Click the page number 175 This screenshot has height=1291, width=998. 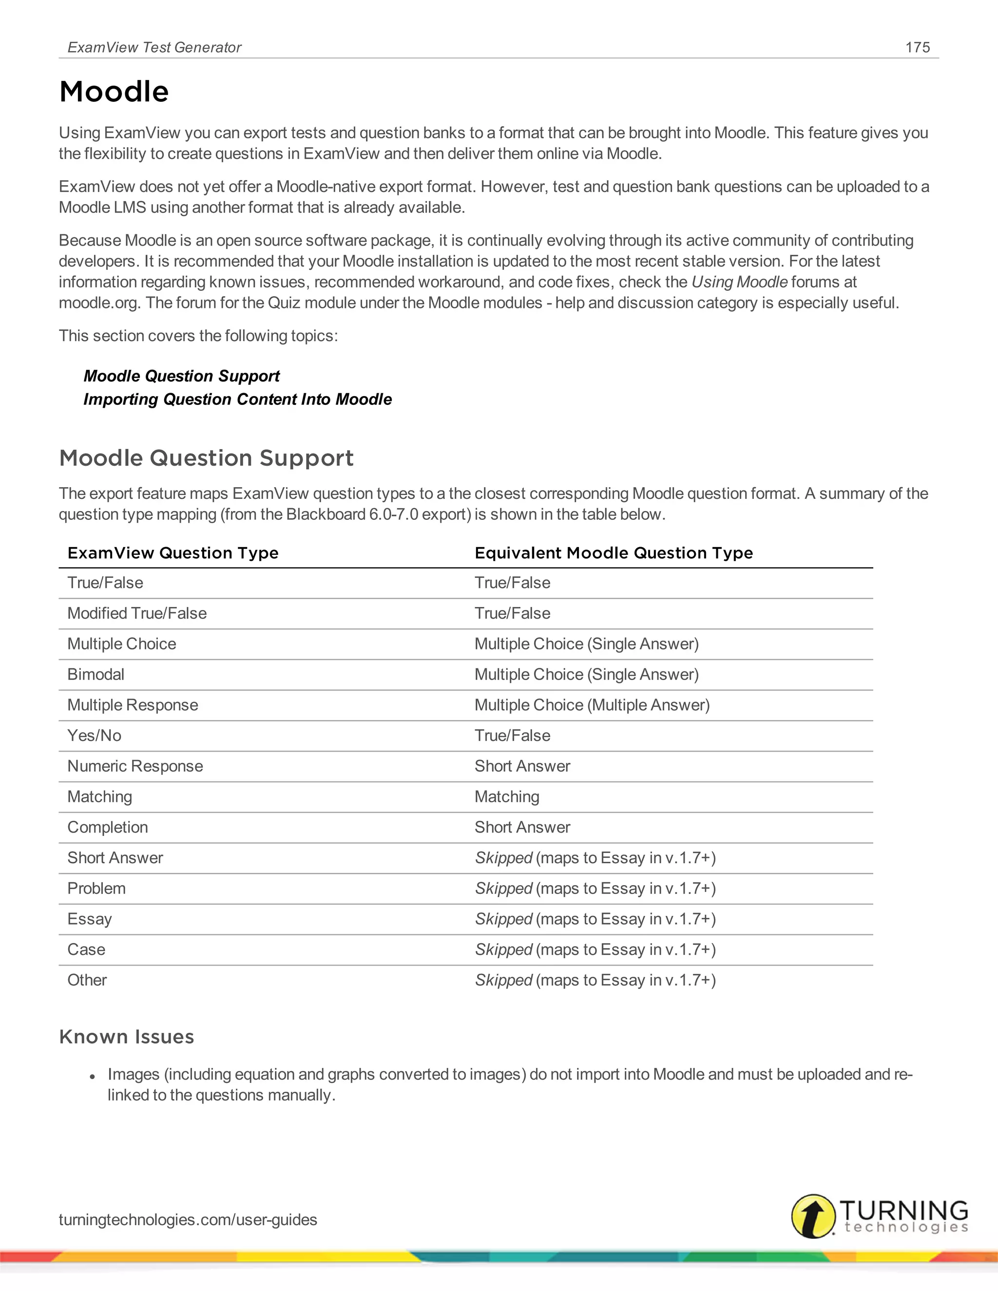pos(917,47)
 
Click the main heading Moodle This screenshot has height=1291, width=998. pos(114,92)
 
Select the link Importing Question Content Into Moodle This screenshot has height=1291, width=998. pos(237,399)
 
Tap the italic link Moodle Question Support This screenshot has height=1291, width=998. pos(181,376)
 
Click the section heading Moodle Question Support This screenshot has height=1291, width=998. pos(206,458)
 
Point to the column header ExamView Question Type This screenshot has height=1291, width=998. pos(173,553)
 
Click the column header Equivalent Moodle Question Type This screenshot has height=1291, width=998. pos(613,553)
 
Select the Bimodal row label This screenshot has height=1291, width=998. pos(96,674)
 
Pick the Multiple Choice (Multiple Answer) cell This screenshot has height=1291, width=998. pos(592,705)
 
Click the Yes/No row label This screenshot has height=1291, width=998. pos(94,735)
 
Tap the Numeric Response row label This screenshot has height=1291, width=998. pos(135,766)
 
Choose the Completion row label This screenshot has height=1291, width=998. pos(108,828)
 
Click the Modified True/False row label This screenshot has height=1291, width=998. pos(136,613)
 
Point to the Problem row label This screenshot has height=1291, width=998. pos(96,889)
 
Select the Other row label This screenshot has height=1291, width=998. pos(87,980)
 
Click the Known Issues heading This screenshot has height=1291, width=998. pos(127,1037)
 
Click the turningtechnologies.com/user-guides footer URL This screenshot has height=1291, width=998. pos(188,1219)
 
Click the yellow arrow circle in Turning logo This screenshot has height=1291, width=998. pos(813,1216)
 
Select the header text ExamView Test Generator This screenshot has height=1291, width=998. pos(154,47)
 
